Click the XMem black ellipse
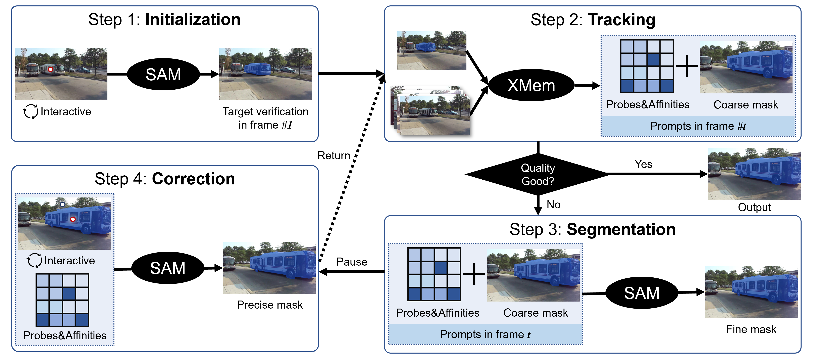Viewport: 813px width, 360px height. click(531, 85)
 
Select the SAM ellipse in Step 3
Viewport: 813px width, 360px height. click(642, 293)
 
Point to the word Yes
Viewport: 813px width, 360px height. click(643, 164)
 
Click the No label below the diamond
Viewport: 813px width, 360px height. click(553, 205)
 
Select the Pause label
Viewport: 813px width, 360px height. click(352, 262)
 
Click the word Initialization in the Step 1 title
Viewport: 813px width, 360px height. click(193, 19)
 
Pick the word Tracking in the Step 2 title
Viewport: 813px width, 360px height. click(621, 20)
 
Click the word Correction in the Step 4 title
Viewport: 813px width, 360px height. click(194, 179)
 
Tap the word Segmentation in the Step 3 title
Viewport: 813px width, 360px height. click(621, 230)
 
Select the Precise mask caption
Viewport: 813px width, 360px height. click(269, 305)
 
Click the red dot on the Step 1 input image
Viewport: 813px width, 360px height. click(50, 69)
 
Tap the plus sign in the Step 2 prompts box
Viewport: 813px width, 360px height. click(687, 66)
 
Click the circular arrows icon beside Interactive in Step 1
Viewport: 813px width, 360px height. click(30, 112)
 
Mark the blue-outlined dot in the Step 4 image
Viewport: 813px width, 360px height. click(62, 204)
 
